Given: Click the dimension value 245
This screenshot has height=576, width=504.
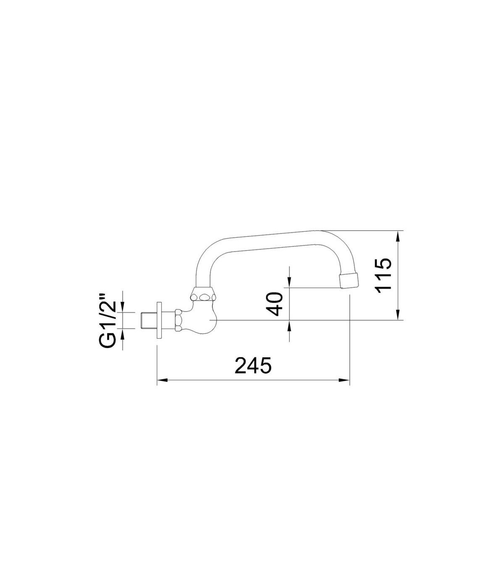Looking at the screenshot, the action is coord(253,365).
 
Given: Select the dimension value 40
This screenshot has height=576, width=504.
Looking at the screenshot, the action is coord(275,304).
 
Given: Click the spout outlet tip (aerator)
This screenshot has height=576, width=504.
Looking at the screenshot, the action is coord(350,280).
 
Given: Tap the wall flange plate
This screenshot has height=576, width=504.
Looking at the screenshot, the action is coord(159,320).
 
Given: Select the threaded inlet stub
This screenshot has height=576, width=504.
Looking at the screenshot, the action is coord(148,320).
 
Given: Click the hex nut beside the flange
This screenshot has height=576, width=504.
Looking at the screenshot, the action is coord(178,320).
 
